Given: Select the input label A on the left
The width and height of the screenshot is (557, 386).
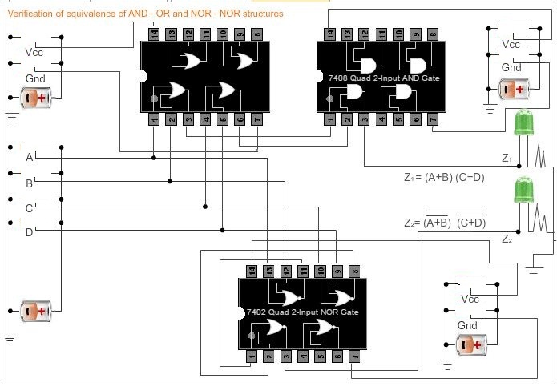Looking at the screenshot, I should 29,157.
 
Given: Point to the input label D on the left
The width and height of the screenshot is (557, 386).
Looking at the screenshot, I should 29,232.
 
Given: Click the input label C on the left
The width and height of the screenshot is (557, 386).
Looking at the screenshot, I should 29,207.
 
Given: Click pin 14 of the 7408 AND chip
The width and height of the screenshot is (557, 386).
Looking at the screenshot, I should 329,34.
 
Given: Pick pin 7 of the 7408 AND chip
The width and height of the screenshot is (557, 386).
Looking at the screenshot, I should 434,120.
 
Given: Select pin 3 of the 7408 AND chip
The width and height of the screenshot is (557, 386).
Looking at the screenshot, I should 364,120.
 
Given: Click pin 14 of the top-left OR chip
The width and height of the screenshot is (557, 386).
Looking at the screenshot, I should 153,34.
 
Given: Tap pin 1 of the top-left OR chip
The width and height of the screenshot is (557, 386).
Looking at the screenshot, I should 153,120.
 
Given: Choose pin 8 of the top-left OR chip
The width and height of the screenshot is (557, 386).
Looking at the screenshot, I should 256,34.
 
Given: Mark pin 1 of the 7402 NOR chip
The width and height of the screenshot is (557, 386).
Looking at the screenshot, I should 251,355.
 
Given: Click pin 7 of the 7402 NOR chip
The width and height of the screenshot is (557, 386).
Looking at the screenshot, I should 355,355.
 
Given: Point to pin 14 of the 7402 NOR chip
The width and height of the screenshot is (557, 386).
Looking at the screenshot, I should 251,270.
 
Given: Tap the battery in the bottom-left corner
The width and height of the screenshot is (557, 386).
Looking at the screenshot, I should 37,309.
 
